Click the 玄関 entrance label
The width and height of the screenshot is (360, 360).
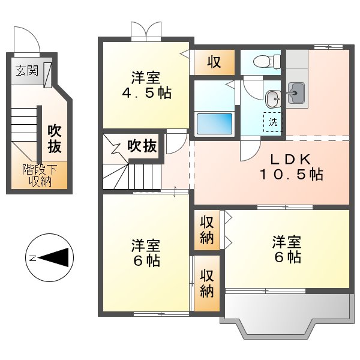point(27,71)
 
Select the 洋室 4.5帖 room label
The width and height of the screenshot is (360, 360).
point(146,85)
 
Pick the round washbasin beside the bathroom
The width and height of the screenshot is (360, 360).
point(272,97)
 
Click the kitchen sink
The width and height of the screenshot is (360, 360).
point(296,92)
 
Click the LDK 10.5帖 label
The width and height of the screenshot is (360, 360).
point(290,167)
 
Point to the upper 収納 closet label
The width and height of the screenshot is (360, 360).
point(207,230)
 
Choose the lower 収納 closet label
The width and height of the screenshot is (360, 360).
point(207,283)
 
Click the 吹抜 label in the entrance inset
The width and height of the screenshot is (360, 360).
point(55,137)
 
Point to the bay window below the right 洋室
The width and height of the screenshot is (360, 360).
point(284,317)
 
